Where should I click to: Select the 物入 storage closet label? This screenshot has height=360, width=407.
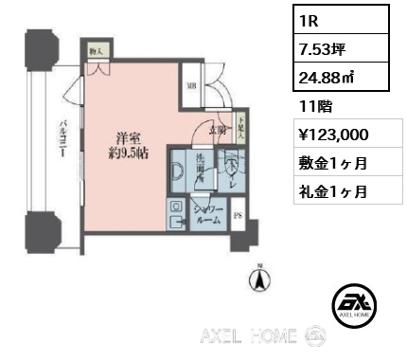pos(96,52)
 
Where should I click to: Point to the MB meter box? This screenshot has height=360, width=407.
pos(190,85)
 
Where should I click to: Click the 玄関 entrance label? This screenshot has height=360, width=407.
pos(217,132)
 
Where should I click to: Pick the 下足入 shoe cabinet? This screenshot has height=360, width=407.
pos(242,126)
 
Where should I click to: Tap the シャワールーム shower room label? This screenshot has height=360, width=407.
pos(207,212)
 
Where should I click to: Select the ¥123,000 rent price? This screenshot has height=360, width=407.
pos(330,135)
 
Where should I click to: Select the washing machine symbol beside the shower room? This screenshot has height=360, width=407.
pos(176,215)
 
